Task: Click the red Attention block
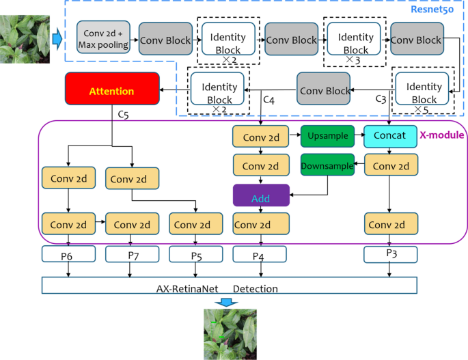coord(112,90)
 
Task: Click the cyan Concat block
coord(390,136)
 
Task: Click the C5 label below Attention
coord(123,115)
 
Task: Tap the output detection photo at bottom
coord(230,334)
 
